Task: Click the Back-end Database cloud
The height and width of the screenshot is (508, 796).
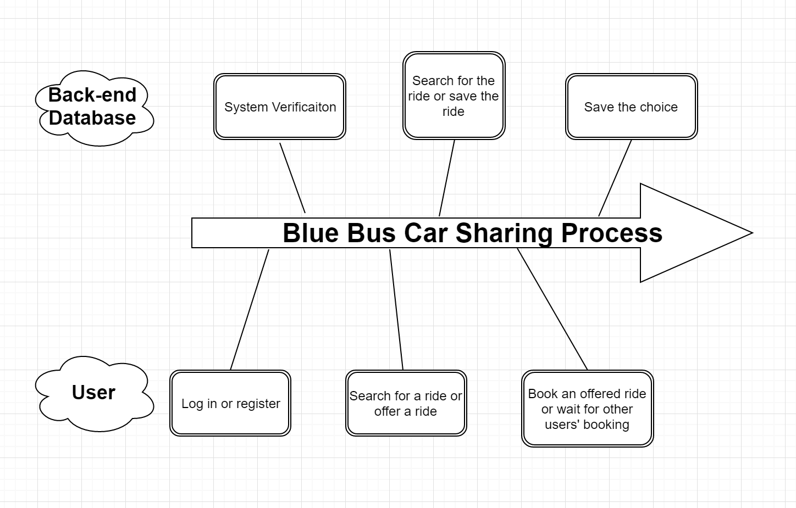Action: point(95,108)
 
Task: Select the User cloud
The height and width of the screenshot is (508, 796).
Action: point(95,394)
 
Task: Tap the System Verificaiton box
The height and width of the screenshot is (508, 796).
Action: point(280,107)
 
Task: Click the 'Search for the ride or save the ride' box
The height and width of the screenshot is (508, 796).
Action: point(454,96)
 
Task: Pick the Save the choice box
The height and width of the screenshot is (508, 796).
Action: point(632,107)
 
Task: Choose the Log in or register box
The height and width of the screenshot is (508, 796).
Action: point(230,403)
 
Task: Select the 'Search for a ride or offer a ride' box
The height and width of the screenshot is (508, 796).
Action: point(406,403)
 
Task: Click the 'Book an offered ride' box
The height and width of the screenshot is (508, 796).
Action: point(588,409)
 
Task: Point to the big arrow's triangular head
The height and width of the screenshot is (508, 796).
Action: point(696,233)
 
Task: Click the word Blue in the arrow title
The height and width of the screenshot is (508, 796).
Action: point(311,233)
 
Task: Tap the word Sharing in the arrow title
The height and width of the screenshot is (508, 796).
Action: point(504,233)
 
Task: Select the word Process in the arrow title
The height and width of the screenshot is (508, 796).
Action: point(612,233)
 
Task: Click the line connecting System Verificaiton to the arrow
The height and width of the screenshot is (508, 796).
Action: point(292,178)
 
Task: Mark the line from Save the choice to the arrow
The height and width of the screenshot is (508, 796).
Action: point(615,178)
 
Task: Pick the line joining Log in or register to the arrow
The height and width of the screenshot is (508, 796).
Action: point(250,310)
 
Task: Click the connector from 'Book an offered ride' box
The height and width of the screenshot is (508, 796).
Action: point(552,309)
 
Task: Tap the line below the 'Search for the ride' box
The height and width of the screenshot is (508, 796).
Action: point(447,178)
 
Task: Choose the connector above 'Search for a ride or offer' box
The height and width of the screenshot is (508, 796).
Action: point(396,310)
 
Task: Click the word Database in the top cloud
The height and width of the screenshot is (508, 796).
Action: point(92,118)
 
